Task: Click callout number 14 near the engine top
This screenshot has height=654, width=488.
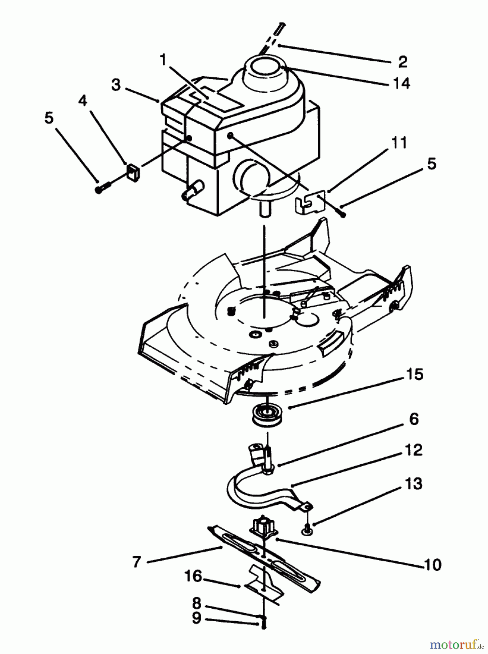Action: click(402, 83)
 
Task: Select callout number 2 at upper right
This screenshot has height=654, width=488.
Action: click(402, 62)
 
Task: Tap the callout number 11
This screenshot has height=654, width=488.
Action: click(399, 143)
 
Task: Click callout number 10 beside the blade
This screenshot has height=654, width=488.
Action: click(432, 565)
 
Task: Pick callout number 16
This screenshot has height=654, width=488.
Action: click(193, 576)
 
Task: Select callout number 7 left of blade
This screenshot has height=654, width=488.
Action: click(137, 562)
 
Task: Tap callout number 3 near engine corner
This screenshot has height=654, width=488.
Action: click(116, 85)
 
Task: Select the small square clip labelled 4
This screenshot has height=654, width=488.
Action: click(133, 172)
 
